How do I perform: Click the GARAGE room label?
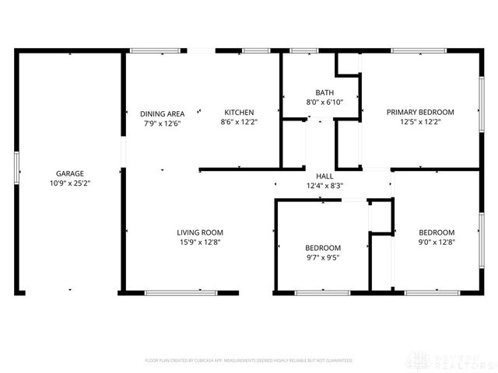pos(69,173)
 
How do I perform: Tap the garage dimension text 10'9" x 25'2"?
pos(69,183)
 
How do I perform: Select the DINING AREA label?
pos(162,113)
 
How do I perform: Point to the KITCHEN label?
pos(239,112)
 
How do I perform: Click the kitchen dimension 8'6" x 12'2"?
pos(239,122)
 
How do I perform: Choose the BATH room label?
pos(324,92)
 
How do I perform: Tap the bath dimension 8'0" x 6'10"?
pos(324,102)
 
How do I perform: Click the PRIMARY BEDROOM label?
pos(420,112)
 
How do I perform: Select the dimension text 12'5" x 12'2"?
pos(420,122)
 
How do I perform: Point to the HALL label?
pos(324,176)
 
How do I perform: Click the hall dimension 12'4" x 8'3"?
pos(324,186)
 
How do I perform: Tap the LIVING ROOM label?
pos(200,232)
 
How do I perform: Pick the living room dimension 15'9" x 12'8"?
pos(200,242)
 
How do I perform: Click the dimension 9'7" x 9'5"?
pos(322,258)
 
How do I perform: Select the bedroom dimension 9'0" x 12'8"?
pos(437,242)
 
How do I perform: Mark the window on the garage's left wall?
pos(16,166)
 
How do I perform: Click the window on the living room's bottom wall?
pos(181,292)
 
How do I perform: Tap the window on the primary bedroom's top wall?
pos(419,51)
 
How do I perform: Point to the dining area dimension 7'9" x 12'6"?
pos(162,123)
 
